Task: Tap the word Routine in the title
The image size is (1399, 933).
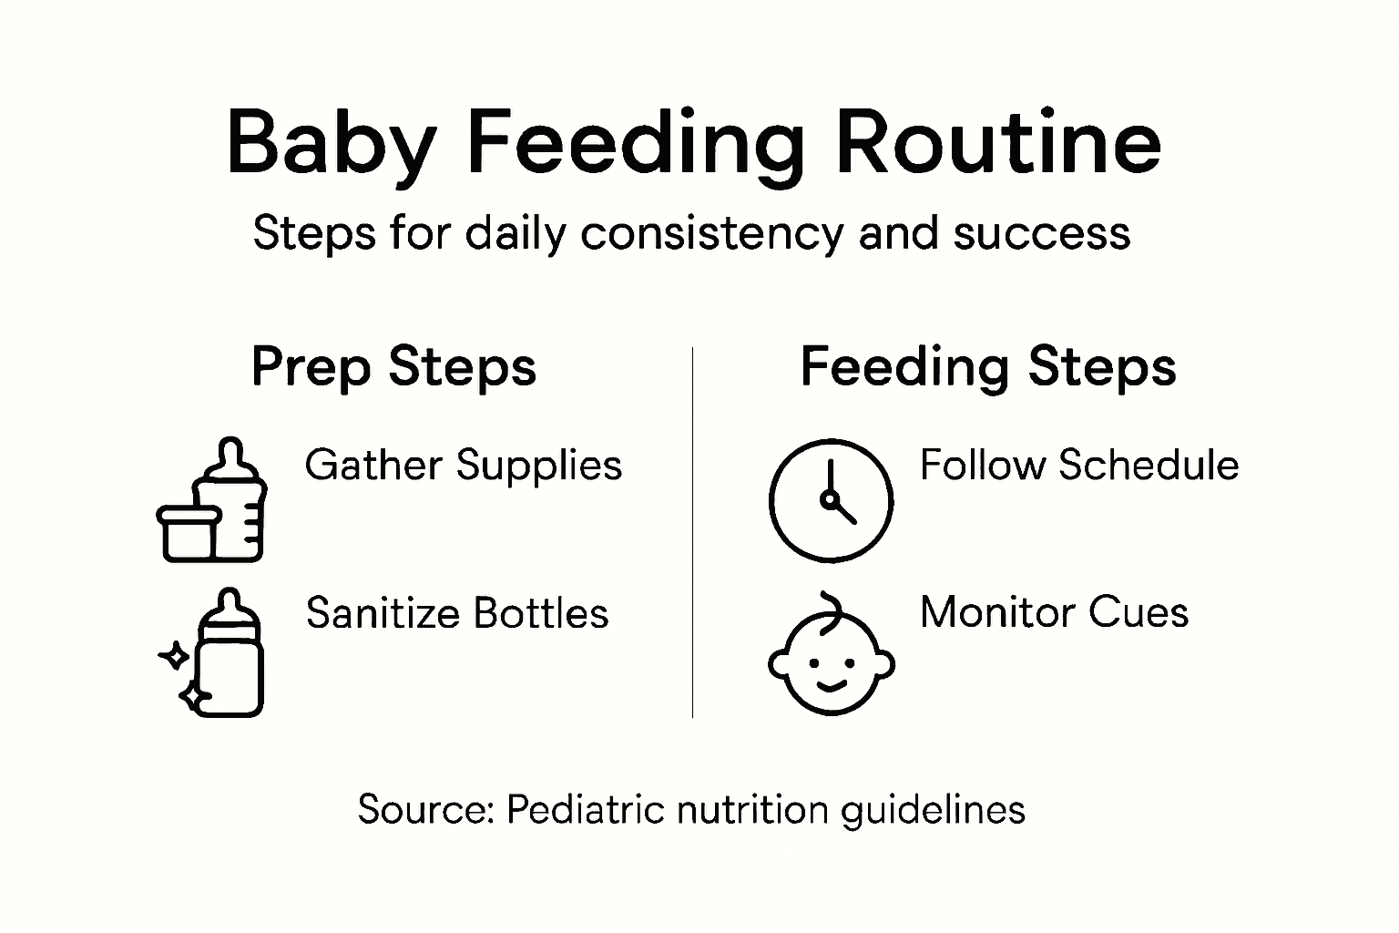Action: coord(998,144)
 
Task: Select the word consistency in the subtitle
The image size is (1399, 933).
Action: coord(712,233)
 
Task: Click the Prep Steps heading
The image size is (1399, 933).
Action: coord(393,367)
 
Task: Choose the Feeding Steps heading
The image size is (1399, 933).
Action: coord(988,367)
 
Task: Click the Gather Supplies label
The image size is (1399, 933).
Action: coord(463,466)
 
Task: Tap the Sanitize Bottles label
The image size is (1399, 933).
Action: coord(456,613)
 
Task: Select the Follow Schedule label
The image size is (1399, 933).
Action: coord(1079,466)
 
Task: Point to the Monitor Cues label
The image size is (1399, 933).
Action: coord(1054,612)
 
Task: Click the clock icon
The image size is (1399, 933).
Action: coord(831,500)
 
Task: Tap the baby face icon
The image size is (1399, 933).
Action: coord(831,658)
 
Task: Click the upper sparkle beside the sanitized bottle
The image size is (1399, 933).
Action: coord(174,656)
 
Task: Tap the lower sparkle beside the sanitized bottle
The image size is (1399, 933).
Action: coord(193,698)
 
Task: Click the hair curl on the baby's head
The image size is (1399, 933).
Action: coord(830,606)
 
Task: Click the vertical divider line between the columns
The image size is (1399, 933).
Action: coord(692,532)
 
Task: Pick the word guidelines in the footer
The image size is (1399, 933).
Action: coord(933,810)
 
